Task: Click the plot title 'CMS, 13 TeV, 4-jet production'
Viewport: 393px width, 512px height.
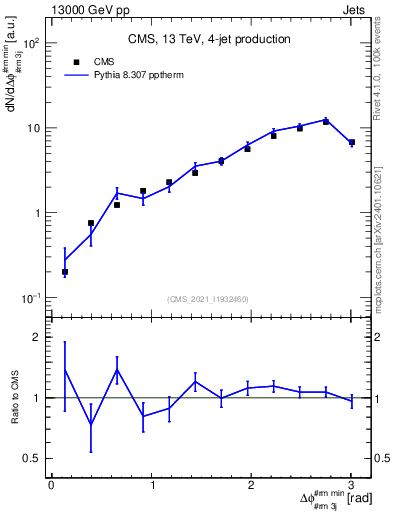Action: coord(209,40)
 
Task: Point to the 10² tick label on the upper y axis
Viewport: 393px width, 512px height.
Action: coord(31,44)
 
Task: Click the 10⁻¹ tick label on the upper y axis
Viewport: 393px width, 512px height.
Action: coord(31,298)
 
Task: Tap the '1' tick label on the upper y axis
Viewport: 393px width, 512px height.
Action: coord(36,213)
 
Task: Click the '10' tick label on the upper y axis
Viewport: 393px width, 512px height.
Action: coord(33,128)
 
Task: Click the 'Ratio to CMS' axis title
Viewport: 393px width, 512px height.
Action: coord(13,398)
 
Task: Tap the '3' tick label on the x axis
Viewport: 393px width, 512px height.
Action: coord(351,485)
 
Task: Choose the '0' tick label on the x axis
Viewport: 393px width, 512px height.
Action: coord(51,485)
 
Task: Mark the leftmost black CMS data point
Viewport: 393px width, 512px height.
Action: coord(65,272)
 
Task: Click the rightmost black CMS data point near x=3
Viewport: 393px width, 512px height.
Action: coord(351,143)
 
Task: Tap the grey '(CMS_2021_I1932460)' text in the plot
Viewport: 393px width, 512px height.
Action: coord(209,298)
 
